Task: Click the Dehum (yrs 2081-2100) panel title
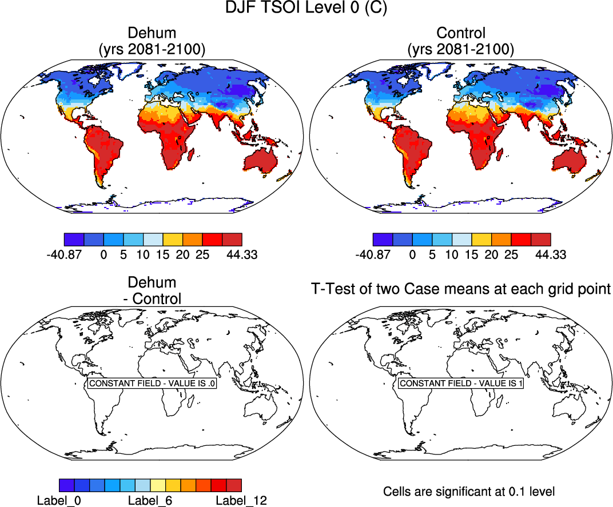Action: click(x=152, y=41)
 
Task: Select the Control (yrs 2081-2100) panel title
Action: click(x=460, y=41)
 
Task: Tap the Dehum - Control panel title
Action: click(x=152, y=290)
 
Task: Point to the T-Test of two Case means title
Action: click(x=461, y=289)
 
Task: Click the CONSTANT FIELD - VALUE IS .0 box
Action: click(x=152, y=384)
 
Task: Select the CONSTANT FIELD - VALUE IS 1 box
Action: click(x=461, y=384)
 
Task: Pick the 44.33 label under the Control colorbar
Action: click(x=551, y=255)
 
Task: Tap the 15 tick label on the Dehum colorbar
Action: click(x=162, y=255)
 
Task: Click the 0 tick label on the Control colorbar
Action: click(x=412, y=255)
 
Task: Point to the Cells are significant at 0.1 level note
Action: click(x=469, y=491)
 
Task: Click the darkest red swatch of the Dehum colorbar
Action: click(x=232, y=239)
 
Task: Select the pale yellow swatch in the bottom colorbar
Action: click(x=158, y=486)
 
